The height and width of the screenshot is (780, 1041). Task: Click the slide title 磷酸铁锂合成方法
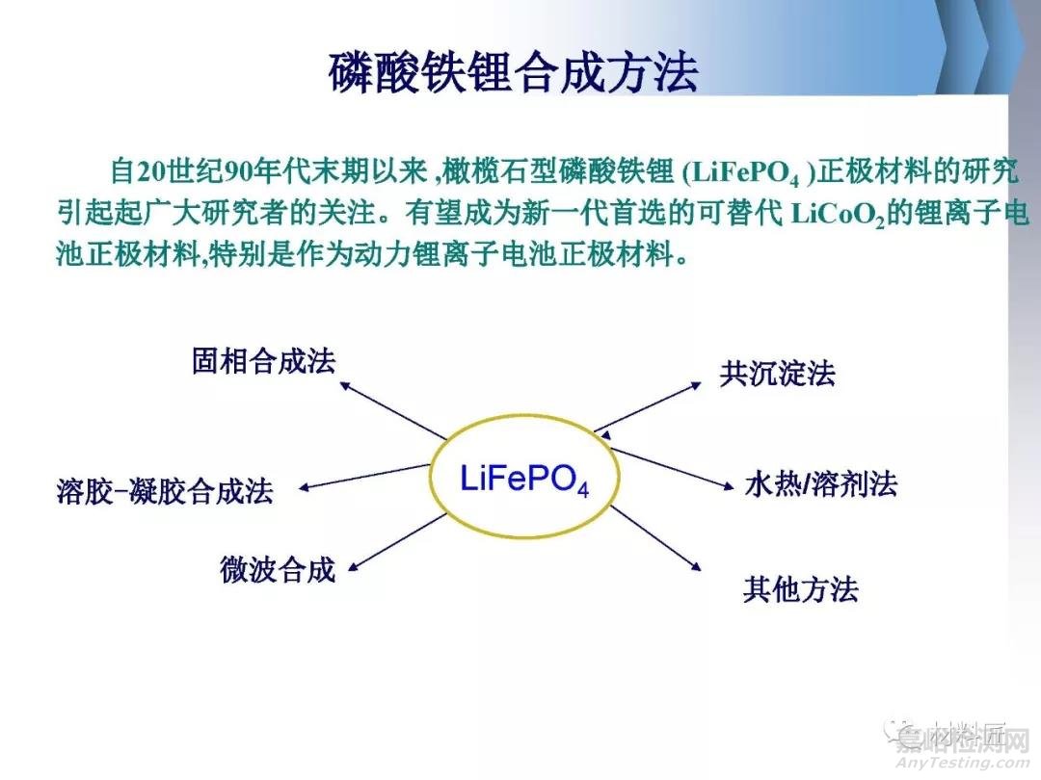coord(513,72)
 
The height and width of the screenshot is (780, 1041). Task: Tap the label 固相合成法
coord(263,362)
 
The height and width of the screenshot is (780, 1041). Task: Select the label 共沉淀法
coord(777,374)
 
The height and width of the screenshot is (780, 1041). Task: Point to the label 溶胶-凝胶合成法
coord(165,493)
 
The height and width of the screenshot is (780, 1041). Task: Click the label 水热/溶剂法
coord(820,484)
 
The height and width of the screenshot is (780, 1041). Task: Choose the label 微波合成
coord(278,570)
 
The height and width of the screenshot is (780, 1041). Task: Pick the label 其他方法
coord(800,589)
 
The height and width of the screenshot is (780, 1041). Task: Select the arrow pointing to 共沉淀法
coord(649,406)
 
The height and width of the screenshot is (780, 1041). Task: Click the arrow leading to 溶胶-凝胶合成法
coord(364,477)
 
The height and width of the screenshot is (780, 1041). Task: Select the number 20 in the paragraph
coord(153,173)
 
